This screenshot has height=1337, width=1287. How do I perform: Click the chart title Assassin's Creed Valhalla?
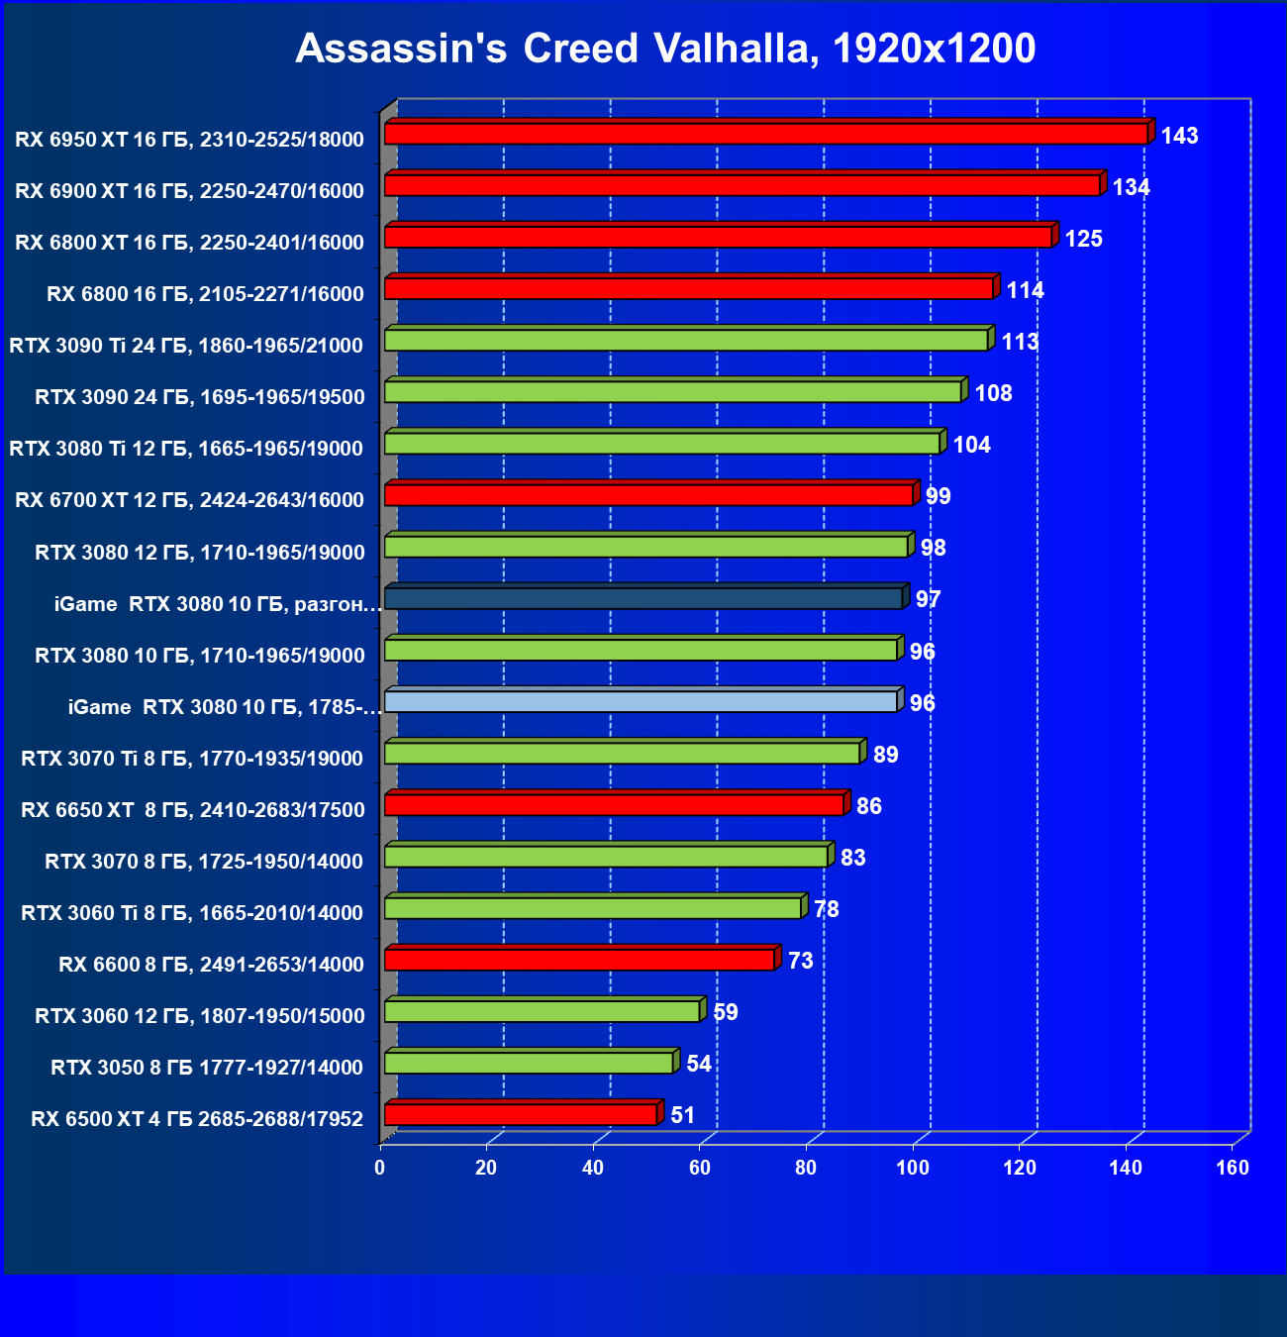click(x=665, y=49)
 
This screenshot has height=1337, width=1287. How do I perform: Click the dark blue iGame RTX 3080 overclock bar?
click(x=643, y=598)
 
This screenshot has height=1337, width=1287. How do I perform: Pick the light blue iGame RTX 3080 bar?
click(x=641, y=702)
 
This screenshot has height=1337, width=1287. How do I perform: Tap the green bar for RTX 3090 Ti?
click(x=686, y=341)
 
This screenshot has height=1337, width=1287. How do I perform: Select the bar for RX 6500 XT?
click(x=521, y=1115)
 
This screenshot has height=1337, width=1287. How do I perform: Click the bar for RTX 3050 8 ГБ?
click(x=529, y=1064)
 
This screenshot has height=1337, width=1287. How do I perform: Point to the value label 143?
click(x=1179, y=136)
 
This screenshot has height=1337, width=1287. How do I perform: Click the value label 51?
click(x=682, y=1115)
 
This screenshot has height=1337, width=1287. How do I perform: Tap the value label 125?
click(x=1083, y=239)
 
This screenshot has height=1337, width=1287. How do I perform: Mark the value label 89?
click(x=885, y=755)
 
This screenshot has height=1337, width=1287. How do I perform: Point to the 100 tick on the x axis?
click(x=913, y=1168)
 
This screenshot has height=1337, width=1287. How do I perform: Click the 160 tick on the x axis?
click(x=1233, y=1168)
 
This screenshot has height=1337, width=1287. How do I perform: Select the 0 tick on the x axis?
click(x=380, y=1168)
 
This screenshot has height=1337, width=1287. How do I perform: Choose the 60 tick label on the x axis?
click(x=700, y=1168)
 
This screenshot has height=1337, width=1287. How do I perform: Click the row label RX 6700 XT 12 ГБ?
click(x=189, y=500)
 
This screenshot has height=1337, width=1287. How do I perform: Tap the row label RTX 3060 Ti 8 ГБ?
click(x=192, y=913)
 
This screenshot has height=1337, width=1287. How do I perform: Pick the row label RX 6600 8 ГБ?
click(x=211, y=965)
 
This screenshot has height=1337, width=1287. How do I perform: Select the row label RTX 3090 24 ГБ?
click(x=200, y=397)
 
